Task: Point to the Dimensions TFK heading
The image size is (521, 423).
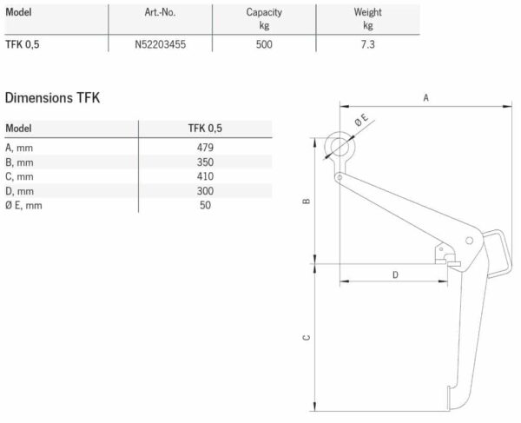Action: tap(53, 97)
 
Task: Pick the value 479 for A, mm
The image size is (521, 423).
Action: tap(206, 147)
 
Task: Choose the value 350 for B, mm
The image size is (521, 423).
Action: tap(206, 162)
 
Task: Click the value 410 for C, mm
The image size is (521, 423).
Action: tap(206, 175)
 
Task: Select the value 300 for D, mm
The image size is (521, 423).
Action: tap(206, 190)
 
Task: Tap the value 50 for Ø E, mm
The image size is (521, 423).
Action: tap(206, 205)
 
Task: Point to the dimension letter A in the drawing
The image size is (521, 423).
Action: tap(426, 98)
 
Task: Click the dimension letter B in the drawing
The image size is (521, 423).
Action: tap(307, 202)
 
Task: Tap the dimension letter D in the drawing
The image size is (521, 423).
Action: tap(395, 274)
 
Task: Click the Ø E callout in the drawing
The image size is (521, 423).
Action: tap(360, 124)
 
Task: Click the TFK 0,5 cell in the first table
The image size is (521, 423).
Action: tap(23, 44)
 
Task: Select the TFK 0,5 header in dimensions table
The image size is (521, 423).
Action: tap(206, 128)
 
